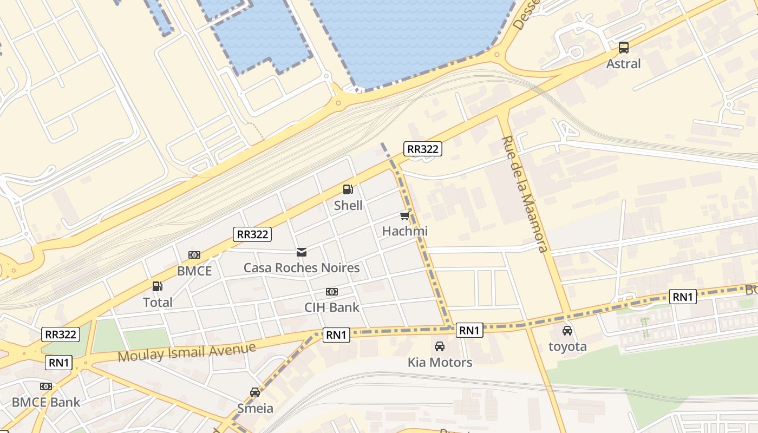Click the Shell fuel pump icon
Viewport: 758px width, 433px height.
point(348,189)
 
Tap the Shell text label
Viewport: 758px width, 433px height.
point(348,206)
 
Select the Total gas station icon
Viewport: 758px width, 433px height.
point(157,286)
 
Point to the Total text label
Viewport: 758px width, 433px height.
point(158,302)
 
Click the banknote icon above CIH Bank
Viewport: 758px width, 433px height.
point(332,292)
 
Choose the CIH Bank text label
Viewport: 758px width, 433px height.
point(332,307)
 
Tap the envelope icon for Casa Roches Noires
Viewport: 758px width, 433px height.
point(302,252)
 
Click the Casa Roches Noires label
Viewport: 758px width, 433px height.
point(302,268)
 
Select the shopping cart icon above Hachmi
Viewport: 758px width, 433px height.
point(404,216)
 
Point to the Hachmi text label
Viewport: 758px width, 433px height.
point(405,231)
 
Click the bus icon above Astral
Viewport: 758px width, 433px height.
point(624,48)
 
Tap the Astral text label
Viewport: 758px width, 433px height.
point(623,64)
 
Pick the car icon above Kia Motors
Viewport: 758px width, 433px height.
point(440,346)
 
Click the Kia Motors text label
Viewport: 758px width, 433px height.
point(440,362)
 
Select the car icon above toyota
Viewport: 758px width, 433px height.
point(567,331)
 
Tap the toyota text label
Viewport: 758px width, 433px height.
point(567,346)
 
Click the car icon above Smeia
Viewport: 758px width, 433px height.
point(255,392)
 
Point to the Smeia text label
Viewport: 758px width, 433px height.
point(256,408)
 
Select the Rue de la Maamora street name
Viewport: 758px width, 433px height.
point(524,194)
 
